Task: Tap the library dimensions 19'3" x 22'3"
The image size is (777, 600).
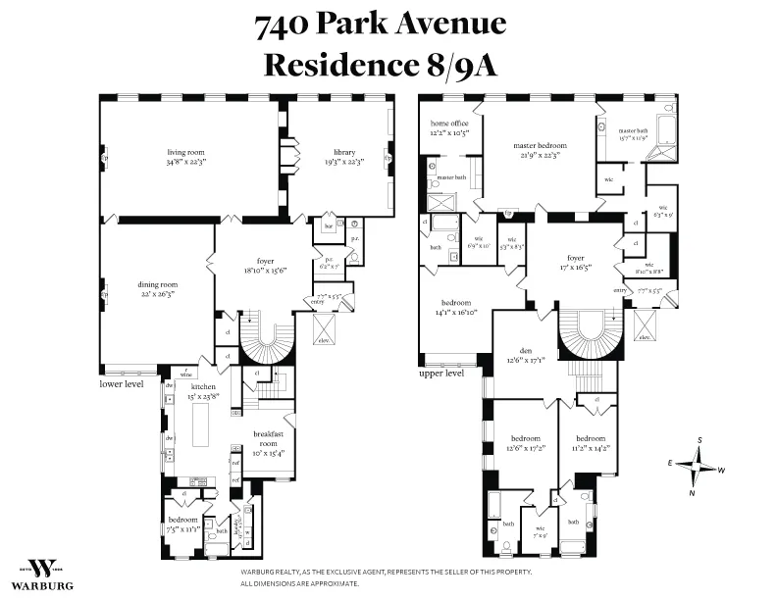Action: click(x=344, y=163)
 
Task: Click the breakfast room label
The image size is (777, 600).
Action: click(x=268, y=435)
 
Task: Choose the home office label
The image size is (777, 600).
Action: click(x=448, y=122)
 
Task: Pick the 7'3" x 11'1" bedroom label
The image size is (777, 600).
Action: click(x=183, y=520)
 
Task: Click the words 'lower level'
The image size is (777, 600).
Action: click(x=122, y=384)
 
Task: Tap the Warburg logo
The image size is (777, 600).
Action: click(x=42, y=574)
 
